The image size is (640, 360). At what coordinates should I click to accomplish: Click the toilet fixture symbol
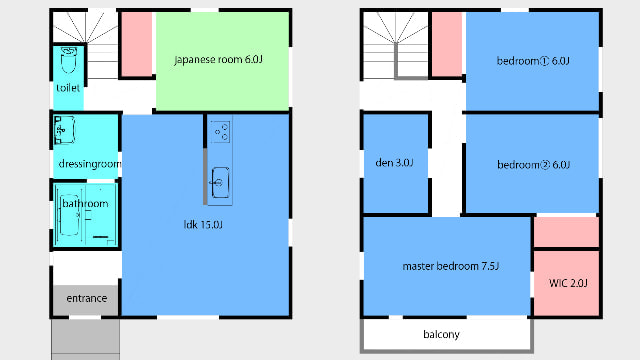(69, 60)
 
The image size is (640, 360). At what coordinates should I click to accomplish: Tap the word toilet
(68, 88)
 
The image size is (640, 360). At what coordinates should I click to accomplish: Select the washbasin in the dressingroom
(64, 130)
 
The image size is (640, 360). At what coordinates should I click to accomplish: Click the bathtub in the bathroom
(69, 215)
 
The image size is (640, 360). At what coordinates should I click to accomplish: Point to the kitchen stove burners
(221, 131)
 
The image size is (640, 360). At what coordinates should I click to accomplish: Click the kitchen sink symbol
(220, 182)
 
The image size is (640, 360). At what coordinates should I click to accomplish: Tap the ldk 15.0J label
(203, 224)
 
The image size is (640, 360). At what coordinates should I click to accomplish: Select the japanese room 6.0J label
(218, 60)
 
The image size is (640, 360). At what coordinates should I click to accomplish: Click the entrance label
(87, 298)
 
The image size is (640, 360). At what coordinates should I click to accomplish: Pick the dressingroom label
(90, 164)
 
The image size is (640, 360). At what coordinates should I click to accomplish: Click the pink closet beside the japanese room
(137, 44)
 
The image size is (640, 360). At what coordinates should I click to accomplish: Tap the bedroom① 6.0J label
(533, 61)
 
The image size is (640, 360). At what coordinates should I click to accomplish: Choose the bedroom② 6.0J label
(533, 165)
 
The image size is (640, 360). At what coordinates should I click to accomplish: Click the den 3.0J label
(394, 163)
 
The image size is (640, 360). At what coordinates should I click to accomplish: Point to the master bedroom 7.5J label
(451, 267)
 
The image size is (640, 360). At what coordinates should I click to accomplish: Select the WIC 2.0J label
(568, 283)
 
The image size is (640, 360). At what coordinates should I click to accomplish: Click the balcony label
(441, 335)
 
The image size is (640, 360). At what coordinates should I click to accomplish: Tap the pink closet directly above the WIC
(566, 231)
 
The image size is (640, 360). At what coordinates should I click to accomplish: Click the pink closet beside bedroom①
(447, 44)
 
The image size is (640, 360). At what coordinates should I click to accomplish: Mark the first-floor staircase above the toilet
(86, 44)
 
